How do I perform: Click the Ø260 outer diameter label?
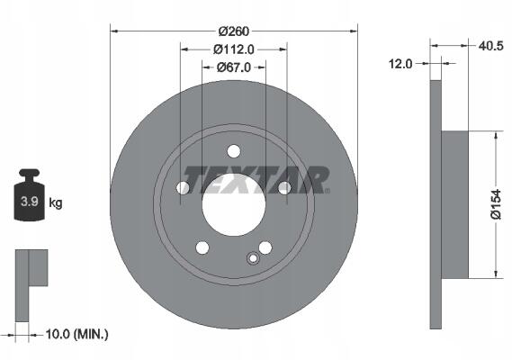(x=234, y=31)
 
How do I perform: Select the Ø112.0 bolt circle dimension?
(x=234, y=49)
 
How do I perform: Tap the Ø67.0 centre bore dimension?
(x=234, y=67)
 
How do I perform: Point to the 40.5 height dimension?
(x=490, y=46)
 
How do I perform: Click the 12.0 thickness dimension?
(x=400, y=64)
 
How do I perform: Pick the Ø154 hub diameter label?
(x=496, y=204)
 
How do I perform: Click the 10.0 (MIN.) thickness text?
(x=76, y=334)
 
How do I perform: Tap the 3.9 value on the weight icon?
(x=30, y=202)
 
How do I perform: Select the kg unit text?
(x=56, y=203)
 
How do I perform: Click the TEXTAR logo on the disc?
(x=256, y=180)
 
